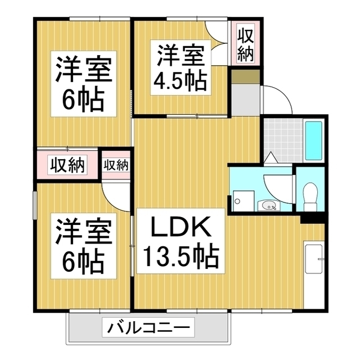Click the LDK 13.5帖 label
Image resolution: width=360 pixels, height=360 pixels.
pyautogui.click(x=181, y=241)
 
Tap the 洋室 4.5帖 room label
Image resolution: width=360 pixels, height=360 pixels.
pyautogui.click(x=181, y=67)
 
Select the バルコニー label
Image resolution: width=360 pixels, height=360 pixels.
pyautogui.click(x=148, y=327)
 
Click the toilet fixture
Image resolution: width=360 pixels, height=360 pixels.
pyautogui.click(x=310, y=196)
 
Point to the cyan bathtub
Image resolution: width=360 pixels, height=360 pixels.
pyautogui.click(x=313, y=141)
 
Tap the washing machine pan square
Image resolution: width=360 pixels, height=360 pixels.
pyautogui.click(x=244, y=201)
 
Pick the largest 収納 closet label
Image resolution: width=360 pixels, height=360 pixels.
pyautogui.click(x=67, y=165)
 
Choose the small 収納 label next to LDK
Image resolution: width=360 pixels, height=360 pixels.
pyautogui.click(x=116, y=164)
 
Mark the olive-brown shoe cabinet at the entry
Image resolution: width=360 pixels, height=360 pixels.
pyautogui.click(x=245, y=76)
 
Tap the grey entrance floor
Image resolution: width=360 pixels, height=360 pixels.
pyautogui.click(x=245, y=100)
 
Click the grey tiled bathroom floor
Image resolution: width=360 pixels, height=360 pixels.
pyautogui.click(x=283, y=140)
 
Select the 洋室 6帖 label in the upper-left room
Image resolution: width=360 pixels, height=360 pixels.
pyautogui.click(x=84, y=84)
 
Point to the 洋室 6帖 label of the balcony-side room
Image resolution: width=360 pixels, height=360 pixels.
pyautogui.click(x=84, y=246)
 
